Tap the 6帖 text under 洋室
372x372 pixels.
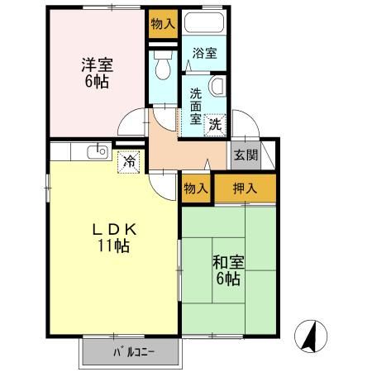click(x=95, y=81)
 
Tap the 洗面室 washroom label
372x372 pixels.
click(x=194, y=106)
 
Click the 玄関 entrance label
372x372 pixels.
click(x=245, y=155)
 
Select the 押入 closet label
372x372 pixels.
click(x=246, y=188)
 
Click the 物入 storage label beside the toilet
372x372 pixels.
click(x=162, y=23)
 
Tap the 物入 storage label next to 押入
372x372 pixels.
click(x=196, y=188)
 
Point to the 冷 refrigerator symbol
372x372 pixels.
click(x=129, y=161)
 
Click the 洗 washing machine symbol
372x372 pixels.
click(x=215, y=125)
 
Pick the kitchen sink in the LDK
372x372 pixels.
click(x=98, y=150)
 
